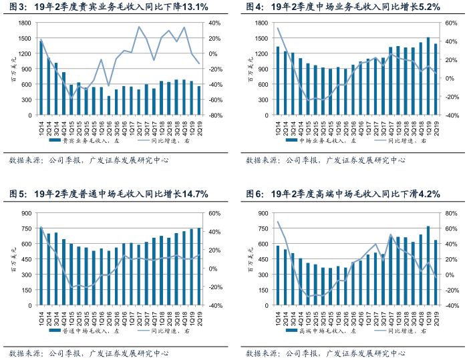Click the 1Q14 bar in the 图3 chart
tap(41, 78)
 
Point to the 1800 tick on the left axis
tap(25, 23)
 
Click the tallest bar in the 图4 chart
tap(428, 76)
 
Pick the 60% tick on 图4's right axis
tap(450, 23)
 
